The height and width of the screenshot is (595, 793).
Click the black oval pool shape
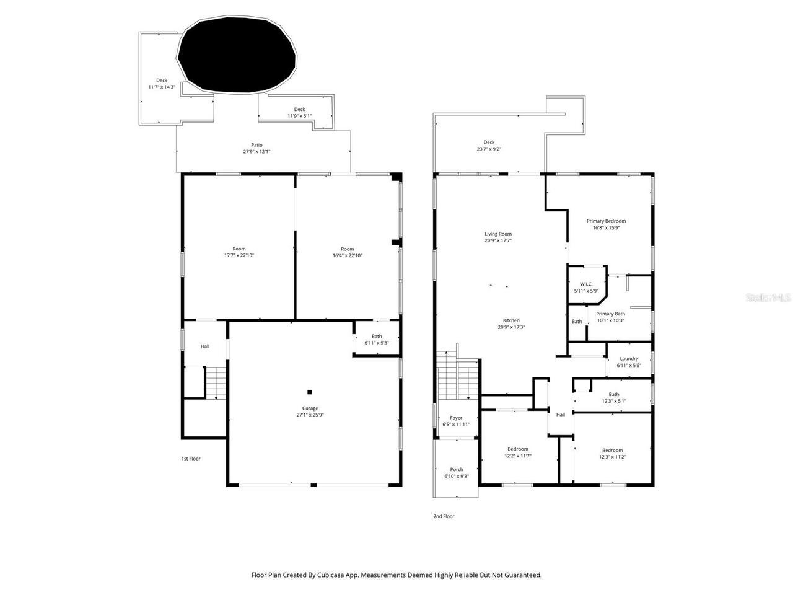coord(237,56)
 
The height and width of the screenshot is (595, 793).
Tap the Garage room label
coord(310,408)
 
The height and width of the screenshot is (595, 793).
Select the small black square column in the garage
coord(310,392)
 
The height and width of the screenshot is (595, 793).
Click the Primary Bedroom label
coord(606,221)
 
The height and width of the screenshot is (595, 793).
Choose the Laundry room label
coord(629,359)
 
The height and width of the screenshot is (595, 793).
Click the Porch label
coord(457,470)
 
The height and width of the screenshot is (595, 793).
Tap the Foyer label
coord(456,418)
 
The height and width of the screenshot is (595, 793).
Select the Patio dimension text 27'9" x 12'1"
coord(256,152)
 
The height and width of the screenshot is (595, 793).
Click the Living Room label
coord(498,234)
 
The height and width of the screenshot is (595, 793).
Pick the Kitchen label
coord(511,320)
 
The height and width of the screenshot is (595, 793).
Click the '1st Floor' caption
coord(191,459)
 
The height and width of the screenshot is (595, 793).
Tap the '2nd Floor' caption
coord(444,516)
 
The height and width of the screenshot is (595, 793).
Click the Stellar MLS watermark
coord(768,297)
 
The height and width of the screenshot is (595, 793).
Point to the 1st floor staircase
coord(216,382)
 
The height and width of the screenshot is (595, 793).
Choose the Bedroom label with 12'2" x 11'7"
coord(518,449)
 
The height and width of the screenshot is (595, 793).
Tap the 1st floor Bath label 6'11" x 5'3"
coord(377,337)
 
